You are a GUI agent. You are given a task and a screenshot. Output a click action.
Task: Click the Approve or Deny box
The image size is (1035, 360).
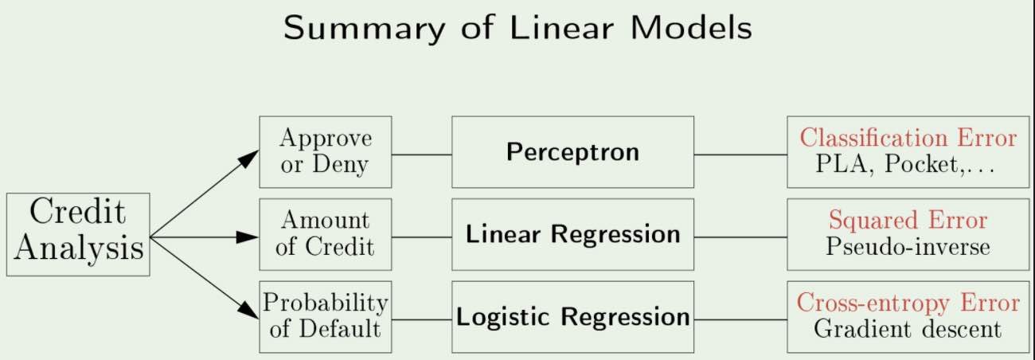click(x=325, y=152)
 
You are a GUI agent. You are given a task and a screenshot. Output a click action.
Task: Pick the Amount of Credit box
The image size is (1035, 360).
click(x=325, y=234)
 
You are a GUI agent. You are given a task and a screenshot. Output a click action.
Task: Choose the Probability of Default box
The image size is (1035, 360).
click(x=325, y=316)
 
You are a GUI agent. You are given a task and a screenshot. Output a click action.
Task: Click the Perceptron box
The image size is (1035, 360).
click(x=572, y=152)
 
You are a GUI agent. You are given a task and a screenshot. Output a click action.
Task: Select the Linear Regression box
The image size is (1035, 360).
click(x=572, y=234)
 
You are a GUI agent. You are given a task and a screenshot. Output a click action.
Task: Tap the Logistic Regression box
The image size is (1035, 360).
click(x=572, y=316)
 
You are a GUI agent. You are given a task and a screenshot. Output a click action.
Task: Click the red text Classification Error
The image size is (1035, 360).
click(x=908, y=138)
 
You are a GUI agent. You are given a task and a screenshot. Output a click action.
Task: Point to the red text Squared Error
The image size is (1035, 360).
click(x=908, y=220)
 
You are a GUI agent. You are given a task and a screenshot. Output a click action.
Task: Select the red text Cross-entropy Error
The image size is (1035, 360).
click(x=908, y=303)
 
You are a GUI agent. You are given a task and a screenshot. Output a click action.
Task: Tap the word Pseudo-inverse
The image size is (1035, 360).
click(x=908, y=247)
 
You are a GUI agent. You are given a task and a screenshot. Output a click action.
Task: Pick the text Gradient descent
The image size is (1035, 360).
click(x=908, y=329)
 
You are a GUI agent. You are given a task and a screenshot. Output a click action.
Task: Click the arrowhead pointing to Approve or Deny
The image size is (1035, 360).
click(x=250, y=158)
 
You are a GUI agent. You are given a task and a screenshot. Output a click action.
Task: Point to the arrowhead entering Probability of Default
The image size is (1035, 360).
click(x=250, y=314)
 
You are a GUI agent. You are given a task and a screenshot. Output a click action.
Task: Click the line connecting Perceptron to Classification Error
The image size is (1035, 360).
click(x=740, y=155)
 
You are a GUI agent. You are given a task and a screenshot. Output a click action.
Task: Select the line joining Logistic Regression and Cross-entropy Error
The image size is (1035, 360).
click(x=740, y=319)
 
